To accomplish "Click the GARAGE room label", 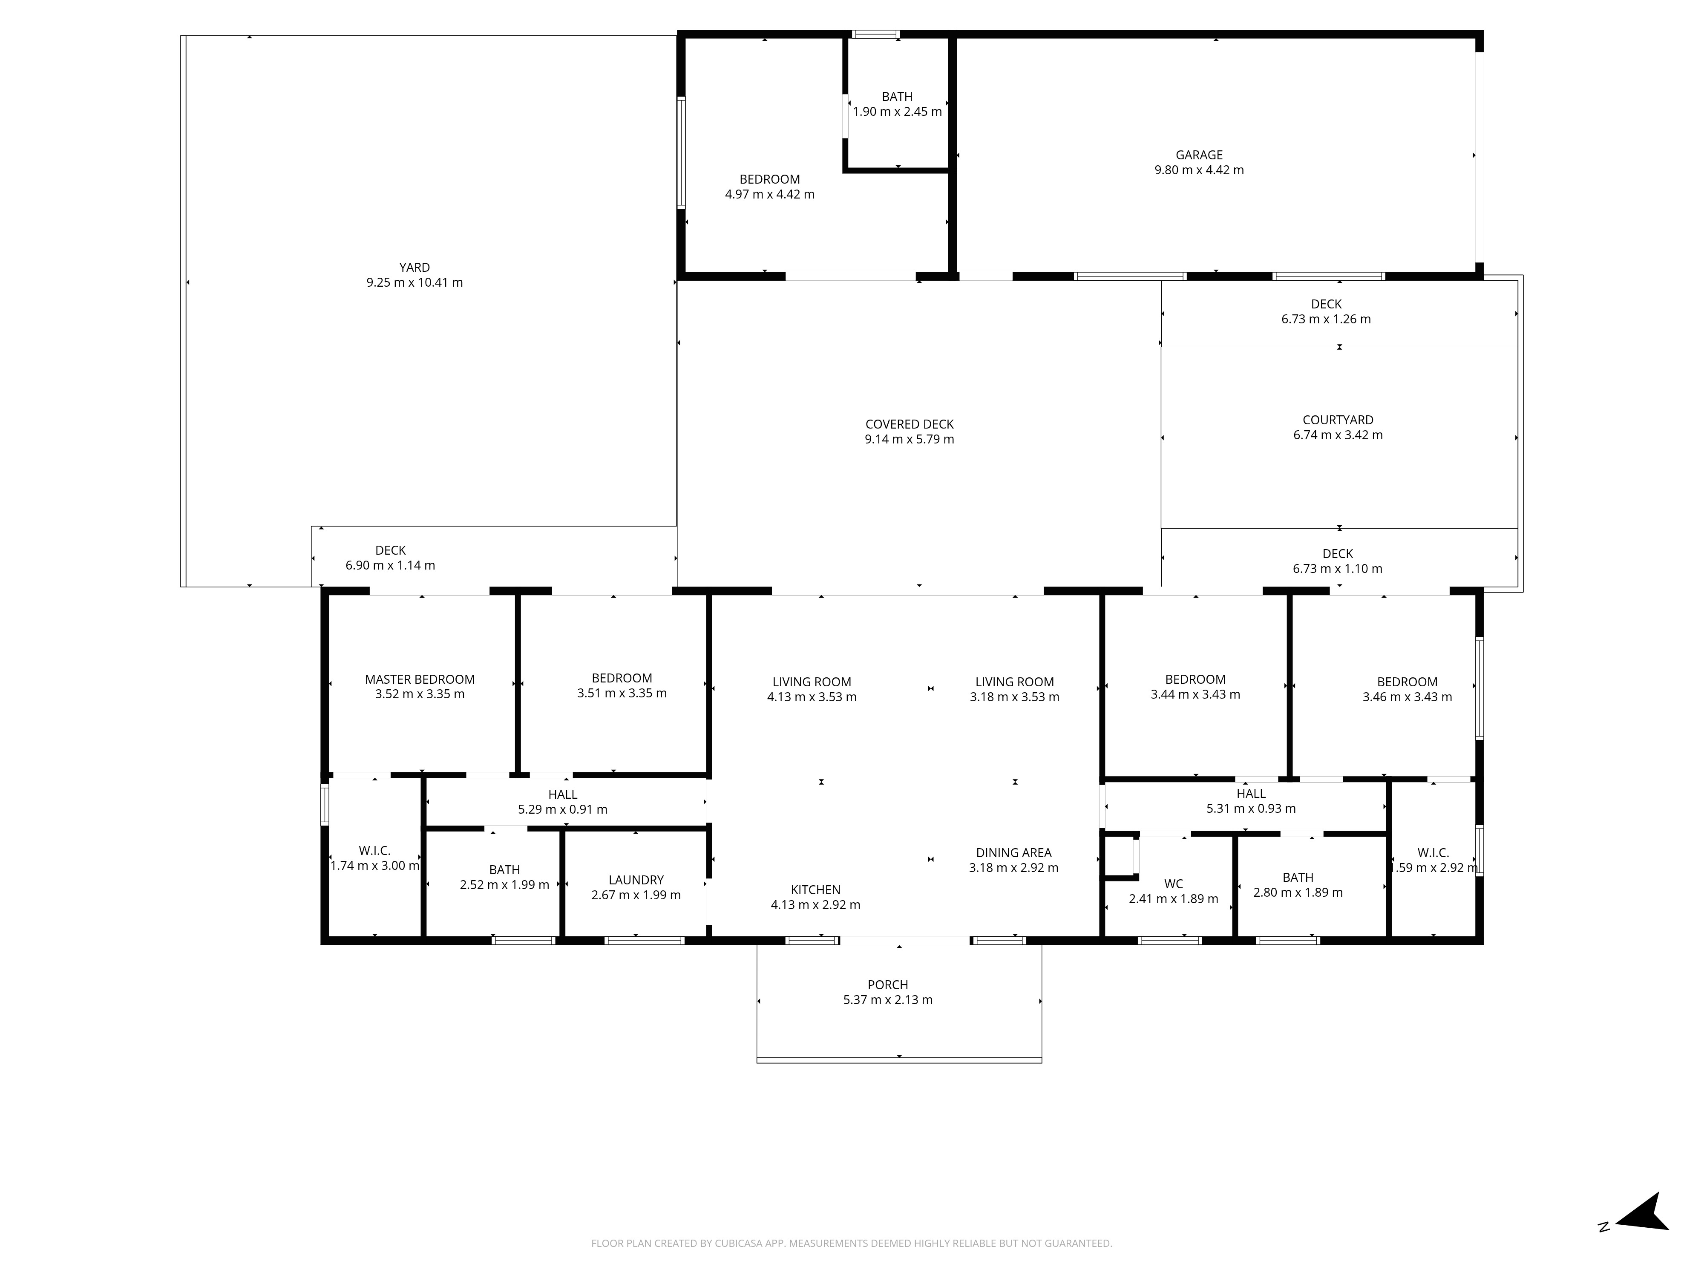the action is click(1199, 155).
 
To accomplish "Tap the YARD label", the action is click(414, 267).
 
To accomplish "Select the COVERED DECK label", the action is click(909, 424).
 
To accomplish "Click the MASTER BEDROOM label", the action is click(420, 679).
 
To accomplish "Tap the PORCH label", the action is click(887, 984).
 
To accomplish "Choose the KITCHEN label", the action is click(815, 890).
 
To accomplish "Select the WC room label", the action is click(1173, 884).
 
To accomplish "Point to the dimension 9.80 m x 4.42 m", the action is click(1199, 170).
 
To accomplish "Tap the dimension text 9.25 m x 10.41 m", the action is click(414, 283).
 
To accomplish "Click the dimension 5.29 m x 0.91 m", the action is click(562, 810).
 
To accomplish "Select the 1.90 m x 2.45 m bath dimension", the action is click(897, 112).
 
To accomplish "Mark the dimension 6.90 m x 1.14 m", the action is click(390, 565).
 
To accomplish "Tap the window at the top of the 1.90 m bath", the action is click(875, 34).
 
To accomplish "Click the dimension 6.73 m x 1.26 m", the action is click(1326, 319).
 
